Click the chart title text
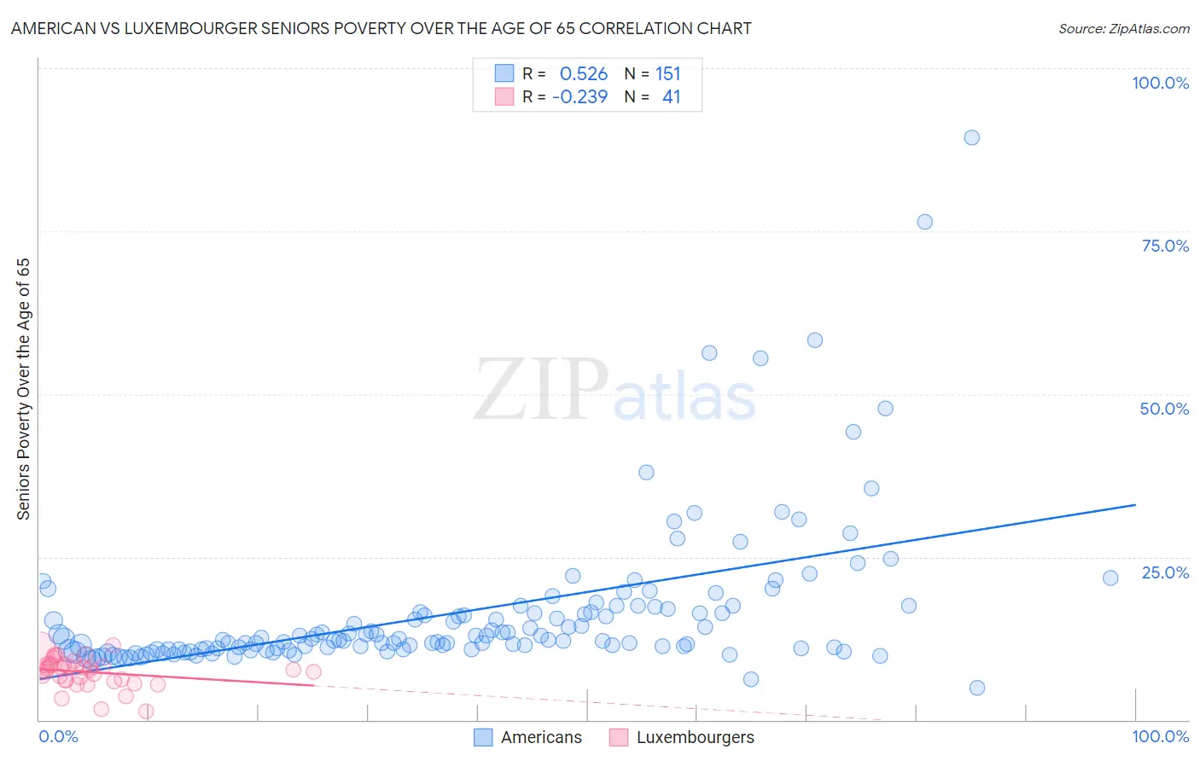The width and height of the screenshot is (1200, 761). pos(381,28)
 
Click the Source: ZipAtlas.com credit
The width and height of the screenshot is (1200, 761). pos(1123,28)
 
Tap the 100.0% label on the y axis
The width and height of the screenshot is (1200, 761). pos(1160,83)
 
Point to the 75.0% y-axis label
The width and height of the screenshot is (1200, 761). pos(1165,246)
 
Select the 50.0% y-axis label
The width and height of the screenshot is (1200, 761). pos(1164,409)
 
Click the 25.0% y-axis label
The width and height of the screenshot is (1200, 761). pos(1165,572)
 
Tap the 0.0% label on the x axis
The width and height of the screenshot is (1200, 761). pos(58,736)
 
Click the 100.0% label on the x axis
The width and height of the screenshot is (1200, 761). pos(1160,736)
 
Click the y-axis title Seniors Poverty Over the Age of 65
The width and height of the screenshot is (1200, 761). pos(24,389)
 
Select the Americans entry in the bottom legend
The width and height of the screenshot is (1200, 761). pos(540,737)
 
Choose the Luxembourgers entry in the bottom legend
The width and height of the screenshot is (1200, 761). pos(695,737)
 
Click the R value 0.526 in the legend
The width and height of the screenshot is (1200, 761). pos(584,73)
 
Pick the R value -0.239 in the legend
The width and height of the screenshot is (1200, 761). pos(580,96)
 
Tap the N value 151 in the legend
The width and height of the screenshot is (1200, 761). pos(668,73)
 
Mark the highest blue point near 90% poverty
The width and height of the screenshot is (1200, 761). pos(971,137)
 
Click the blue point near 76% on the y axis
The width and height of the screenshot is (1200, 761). pos(924,222)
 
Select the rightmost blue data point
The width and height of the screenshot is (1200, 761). pos(1110,578)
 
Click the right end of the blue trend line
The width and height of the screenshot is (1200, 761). pos(1135,505)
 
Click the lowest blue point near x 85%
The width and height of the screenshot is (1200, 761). pos(977,688)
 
